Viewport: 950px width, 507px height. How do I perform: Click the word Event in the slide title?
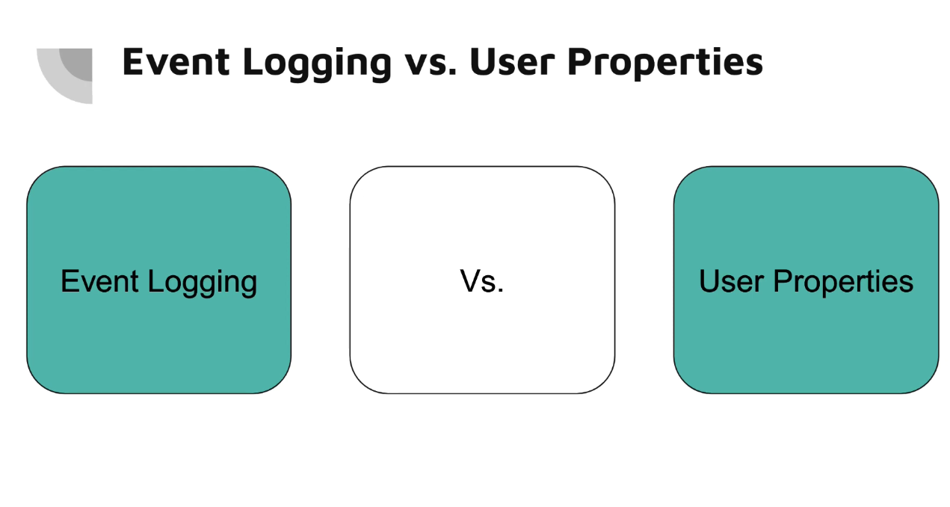pos(176,62)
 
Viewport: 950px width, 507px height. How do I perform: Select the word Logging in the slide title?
pos(317,64)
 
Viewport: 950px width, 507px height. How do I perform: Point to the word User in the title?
pos(512,62)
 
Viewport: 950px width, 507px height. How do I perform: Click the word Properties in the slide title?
pos(665,64)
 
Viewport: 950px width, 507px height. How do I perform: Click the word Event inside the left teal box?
pos(99,281)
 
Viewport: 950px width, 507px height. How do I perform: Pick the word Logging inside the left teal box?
pos(203,283)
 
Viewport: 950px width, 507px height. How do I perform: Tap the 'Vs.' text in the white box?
pos(482,281)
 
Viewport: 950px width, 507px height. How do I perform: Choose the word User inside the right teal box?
pos(732,281)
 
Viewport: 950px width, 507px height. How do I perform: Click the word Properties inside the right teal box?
pos(844,283)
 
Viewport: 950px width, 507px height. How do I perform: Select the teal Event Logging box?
pos(159,280)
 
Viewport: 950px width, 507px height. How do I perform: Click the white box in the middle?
pos(482,280)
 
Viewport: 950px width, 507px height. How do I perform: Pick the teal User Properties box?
pos(806,280)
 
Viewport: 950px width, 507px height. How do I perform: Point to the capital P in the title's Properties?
pos(580,62)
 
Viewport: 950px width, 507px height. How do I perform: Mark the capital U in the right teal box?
pos(709,281)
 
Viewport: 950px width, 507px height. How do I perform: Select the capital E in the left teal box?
pos(70,281)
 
